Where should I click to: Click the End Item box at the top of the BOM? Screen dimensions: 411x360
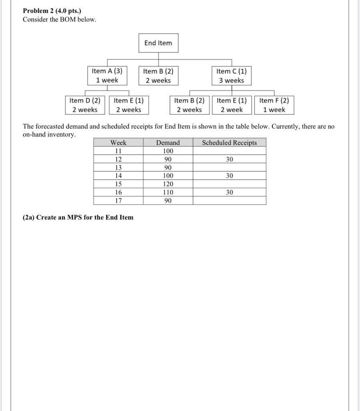click(x=158, y=43)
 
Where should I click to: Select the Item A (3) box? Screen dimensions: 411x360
click(x=107, y=75)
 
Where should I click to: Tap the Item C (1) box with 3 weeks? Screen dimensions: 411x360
click(x=231, y=75)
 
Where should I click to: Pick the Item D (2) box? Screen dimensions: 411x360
click(x=85, y=105)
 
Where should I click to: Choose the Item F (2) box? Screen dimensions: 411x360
click(x=274, y=105)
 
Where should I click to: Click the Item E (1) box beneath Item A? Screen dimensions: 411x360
click(x=129, y=105)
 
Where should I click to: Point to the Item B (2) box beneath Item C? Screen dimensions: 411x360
click(x=189, y=105)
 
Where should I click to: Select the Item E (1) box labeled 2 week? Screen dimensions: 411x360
click(x=232, y=105)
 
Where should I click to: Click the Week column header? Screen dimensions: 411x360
click(x=118, y=142)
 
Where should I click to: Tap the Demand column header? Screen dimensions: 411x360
click(x=168, y=142)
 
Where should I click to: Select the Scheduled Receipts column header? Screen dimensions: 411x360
click(x=229, y=142)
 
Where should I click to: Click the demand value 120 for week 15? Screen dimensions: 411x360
click(x=168, y=184)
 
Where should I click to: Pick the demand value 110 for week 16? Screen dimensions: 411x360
click(x=168, y=192)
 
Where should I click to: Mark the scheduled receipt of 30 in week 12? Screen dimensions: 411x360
click(x=229, y=159)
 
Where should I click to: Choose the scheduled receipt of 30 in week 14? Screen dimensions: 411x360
click(x=229, y=175)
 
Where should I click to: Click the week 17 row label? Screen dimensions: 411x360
click(x=118, y=200)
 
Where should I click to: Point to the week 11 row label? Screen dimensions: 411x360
click(x=118, y=151)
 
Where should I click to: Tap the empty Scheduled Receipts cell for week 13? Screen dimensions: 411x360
click(x=229, y=167)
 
